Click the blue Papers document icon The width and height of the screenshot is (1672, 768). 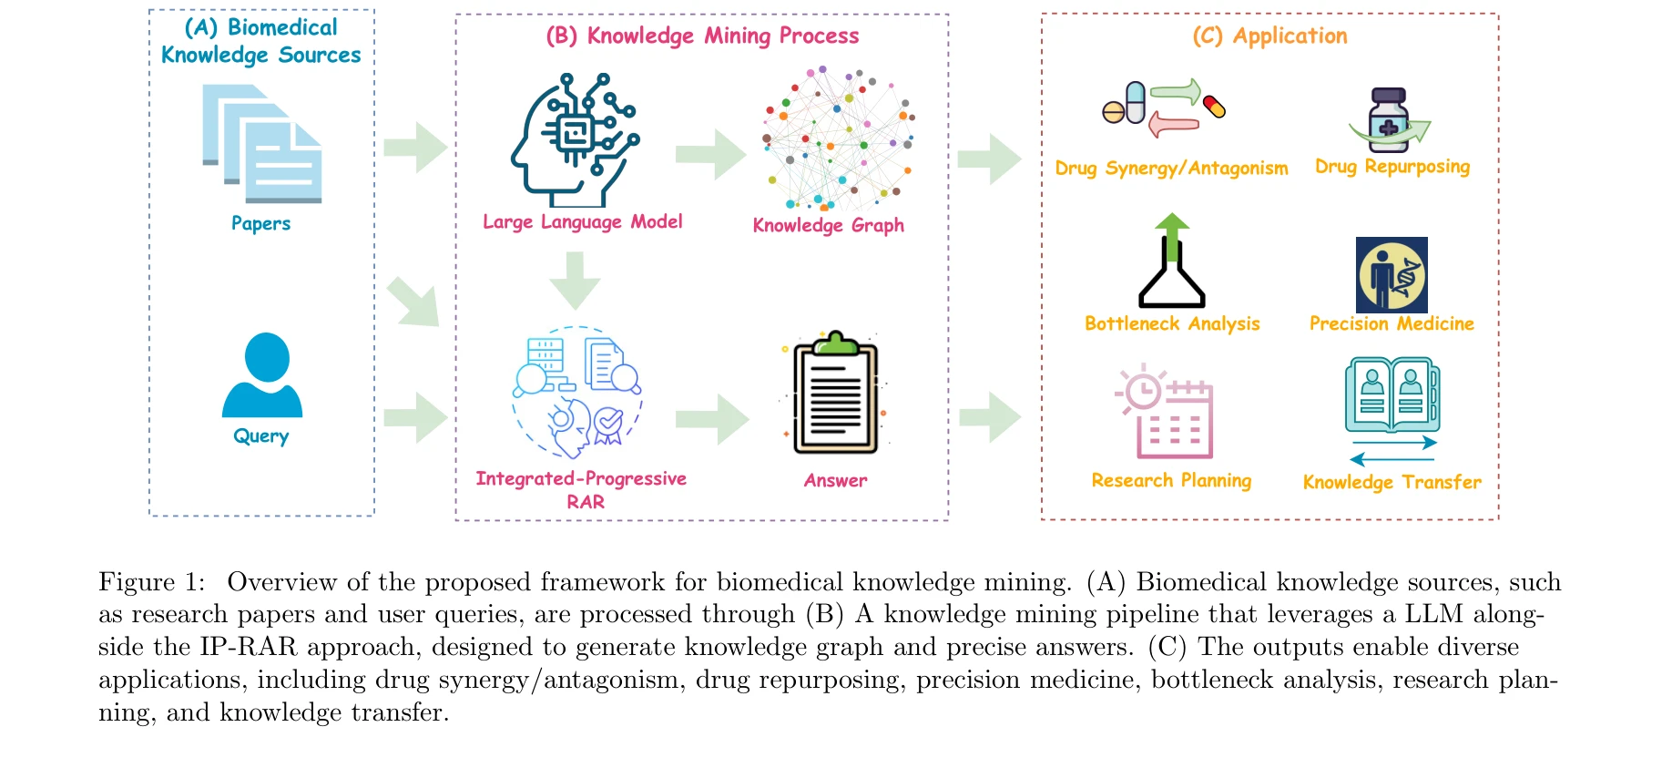pos(262,144)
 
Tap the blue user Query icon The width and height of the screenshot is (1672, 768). pos(262,375)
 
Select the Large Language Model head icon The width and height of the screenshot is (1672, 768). pos(575,140)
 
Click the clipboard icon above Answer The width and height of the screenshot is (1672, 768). pos(835,394)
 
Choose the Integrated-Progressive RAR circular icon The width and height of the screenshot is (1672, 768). pos(577,392)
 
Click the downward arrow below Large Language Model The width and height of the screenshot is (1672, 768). pos(576,280)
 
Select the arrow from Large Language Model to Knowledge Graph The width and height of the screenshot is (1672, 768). pos(710,154)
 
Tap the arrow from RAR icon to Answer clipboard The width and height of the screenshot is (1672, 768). pos(711,419)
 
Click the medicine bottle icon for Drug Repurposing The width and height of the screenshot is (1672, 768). pos(1389,120)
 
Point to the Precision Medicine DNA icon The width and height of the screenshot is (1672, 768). pos(1392,275)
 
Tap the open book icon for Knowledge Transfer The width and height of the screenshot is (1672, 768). pos(1392,395)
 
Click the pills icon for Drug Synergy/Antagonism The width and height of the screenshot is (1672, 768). pos(1164,108)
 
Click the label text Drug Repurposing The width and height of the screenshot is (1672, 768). pos(1392,167)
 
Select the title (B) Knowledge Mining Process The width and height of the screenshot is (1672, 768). pos(702,36)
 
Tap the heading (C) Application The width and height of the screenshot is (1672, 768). pos(1269,36)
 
